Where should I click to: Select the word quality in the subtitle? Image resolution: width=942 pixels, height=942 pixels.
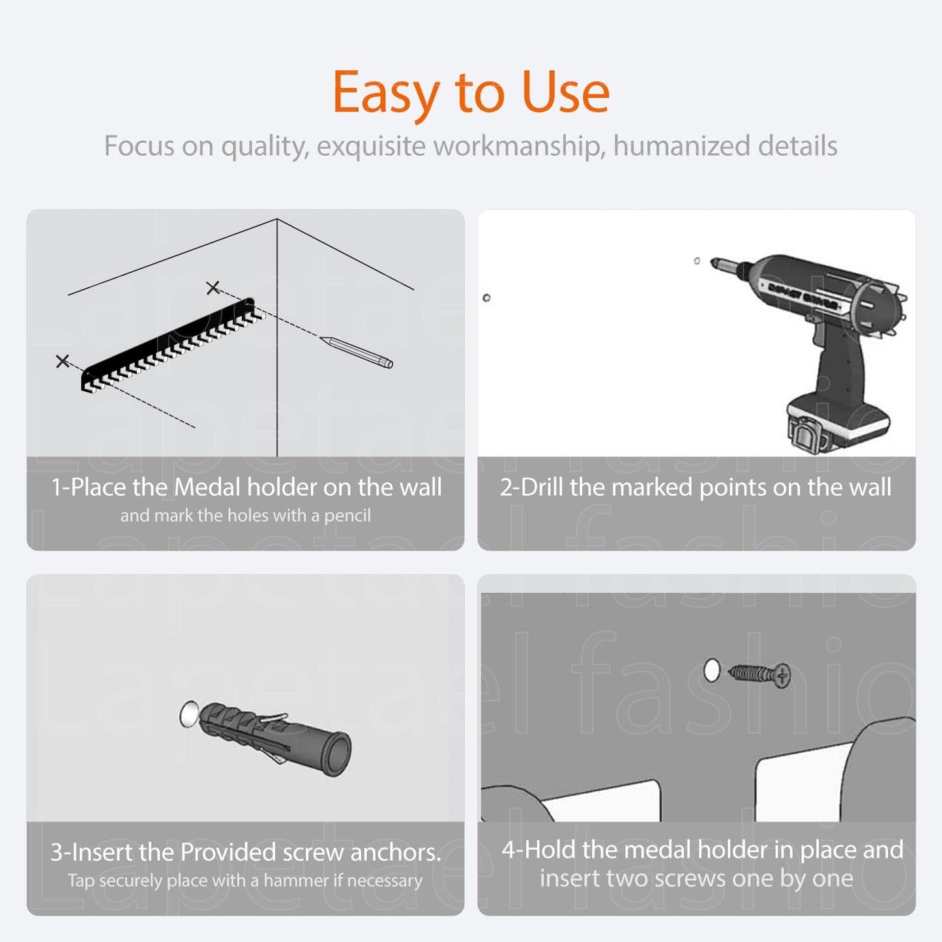[x=265, y=147]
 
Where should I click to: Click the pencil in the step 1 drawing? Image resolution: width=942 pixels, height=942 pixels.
[x=357, y=351]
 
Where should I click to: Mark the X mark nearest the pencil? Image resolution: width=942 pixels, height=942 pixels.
[x=213, y=287]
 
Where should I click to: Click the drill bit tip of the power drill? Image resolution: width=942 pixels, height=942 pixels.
[x=713, y=261]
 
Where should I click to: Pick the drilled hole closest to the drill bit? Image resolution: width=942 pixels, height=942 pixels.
[x=697, y=261]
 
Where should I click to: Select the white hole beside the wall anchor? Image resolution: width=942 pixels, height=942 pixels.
[x=190, y=714]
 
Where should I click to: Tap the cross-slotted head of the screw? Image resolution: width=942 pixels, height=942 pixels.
[x=783, y=676]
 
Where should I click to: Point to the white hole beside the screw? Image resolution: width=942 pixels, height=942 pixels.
[x=713, y=670]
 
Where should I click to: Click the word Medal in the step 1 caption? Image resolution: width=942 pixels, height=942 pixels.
[x=207, y=487]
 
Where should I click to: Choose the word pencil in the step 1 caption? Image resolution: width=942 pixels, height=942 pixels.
[x=347, y=516]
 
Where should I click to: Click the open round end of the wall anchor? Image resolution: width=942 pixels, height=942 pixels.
[x=336, y=754]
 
